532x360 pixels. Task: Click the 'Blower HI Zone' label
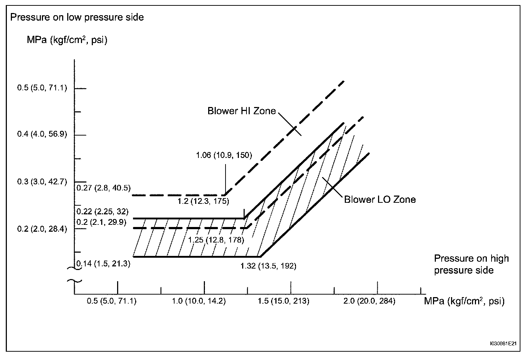(241, 111)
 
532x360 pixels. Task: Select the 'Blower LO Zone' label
(379, 200)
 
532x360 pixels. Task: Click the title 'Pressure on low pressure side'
(77, 17)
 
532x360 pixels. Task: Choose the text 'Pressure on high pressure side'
(471, 264)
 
